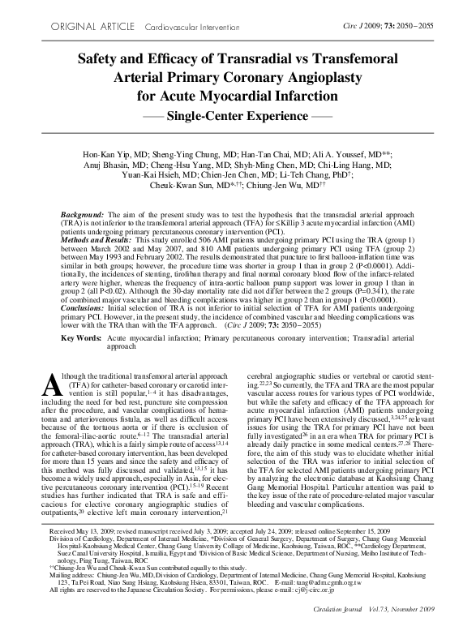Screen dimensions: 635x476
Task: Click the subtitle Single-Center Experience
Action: (x=238, y=116)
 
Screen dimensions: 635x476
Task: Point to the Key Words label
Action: (x=80, y=336)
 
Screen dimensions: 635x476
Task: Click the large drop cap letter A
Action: (x=50, y=384)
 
